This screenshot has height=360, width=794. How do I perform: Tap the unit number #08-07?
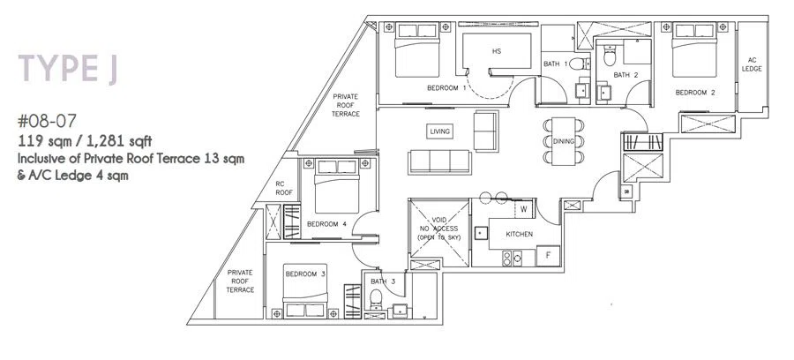pos(47,121)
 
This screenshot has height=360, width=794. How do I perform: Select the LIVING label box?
pos(439,131)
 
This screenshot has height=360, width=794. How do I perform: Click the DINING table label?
pos(563,141)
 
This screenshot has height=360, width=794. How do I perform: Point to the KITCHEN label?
pos(519,235)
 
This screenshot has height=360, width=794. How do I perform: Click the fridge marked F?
pos(548,255)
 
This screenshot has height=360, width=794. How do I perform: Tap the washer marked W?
pos(523,208)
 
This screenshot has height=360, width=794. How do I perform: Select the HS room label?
pos(496,51)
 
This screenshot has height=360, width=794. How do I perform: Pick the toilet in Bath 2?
pos(610,56)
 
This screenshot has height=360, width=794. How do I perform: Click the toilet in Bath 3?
pos(376,297)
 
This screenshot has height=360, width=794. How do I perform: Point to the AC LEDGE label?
pos(752,64)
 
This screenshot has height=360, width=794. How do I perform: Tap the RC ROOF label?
pos(284,188)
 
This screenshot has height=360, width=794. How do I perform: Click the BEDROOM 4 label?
pos(326,224)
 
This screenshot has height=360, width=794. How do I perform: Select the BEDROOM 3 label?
pos(305,274)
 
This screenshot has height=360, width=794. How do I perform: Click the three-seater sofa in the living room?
pos(439,162)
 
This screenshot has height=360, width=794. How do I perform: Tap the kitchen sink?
pos(480,233)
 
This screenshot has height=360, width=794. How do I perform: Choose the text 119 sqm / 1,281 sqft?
pos(85,140)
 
